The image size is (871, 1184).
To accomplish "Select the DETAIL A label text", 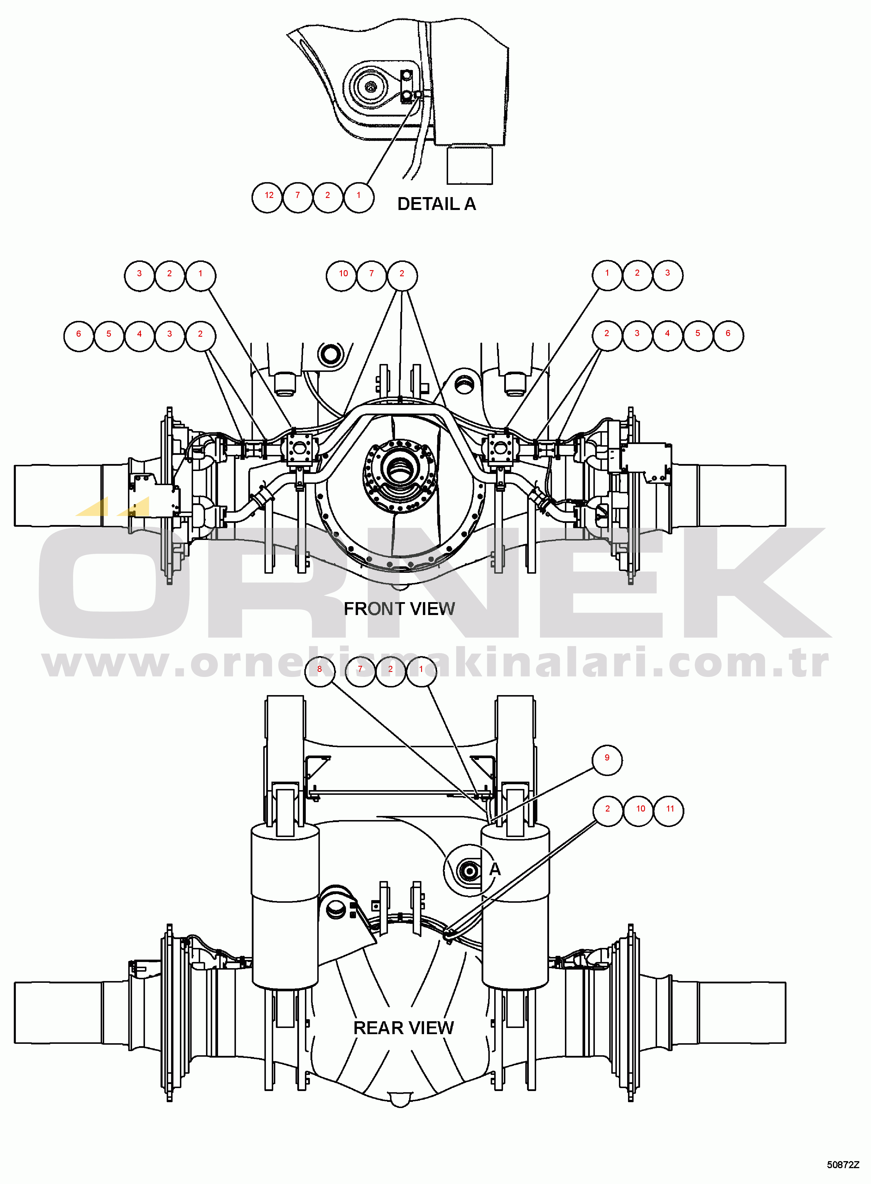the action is pyautogui.click(x=437, y=204).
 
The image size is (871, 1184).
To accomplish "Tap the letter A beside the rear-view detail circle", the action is pyautogui.click(x=494, y=869).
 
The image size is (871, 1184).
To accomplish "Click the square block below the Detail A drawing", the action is pyautogui.click(x=469, y=165).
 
